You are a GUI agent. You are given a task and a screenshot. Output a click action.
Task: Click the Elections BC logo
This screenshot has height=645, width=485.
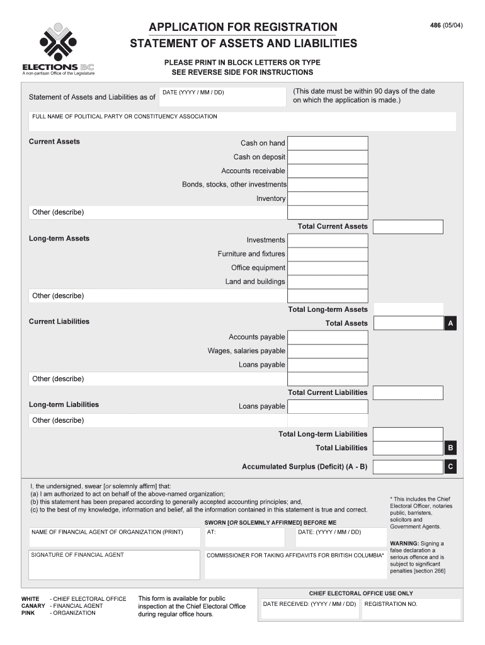pos(58,49)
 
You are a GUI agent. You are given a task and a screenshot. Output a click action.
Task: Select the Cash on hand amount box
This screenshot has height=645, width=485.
pos(328,143)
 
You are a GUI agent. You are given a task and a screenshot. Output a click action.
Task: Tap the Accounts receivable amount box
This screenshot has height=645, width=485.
pos(328,171)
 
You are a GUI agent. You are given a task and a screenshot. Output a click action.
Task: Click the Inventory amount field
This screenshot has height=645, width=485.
pos(328,198)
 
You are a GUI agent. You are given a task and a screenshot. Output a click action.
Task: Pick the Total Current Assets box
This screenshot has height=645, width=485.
pos(408,227)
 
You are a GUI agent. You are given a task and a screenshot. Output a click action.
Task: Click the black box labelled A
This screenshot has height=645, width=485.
pos(450,324)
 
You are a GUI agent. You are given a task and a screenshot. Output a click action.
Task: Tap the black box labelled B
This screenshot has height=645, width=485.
pos(450,448)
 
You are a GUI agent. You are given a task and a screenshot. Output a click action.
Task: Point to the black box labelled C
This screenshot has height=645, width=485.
pos(450,467)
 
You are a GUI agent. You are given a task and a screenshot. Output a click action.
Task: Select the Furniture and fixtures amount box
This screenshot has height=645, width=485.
pos(328,254)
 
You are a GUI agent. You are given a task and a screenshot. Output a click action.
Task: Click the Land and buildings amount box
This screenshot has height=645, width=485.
pos(328,282)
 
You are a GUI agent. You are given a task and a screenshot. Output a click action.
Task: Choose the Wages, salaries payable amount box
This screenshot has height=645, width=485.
pos(328,351)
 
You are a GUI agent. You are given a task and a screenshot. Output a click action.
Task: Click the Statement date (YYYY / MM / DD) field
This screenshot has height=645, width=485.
pos(220,97)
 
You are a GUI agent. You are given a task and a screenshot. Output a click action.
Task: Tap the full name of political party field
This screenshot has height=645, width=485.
pos(242,121)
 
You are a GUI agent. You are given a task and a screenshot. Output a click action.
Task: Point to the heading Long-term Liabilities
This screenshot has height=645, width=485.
pos(64,404)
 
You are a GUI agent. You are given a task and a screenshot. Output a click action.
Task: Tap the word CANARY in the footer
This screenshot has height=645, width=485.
pos(33,606)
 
